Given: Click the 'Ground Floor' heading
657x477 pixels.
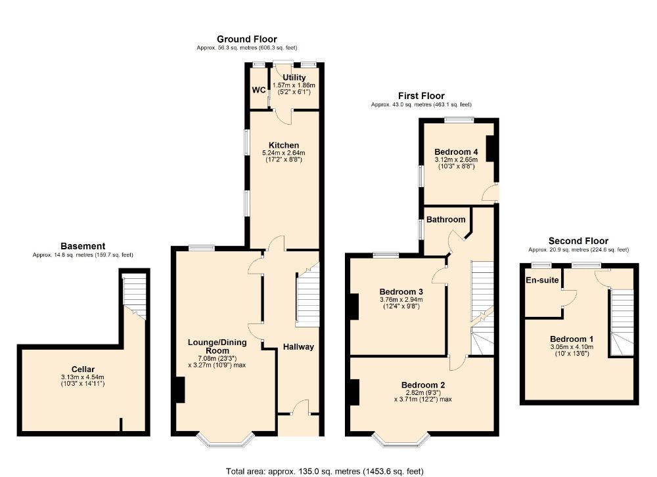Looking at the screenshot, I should pos(246,39).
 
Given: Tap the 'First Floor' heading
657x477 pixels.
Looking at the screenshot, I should pos(420,96).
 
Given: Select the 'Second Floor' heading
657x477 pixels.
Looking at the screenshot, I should pos(578,241).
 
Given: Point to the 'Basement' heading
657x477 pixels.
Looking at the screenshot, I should pos(83,246).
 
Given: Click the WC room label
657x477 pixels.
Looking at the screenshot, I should pos(258,90).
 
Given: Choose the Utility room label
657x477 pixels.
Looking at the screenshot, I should pos(294,77).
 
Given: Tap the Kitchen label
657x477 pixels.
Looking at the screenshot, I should pos(283,145).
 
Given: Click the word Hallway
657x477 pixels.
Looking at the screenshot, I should pos(298,346).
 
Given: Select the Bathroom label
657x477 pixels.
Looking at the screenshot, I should pos(446,219).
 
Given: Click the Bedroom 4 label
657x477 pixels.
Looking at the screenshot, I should pos(456,152).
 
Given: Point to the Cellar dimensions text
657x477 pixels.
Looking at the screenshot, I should pos(83,380).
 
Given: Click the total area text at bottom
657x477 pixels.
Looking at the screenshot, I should pos(325,470).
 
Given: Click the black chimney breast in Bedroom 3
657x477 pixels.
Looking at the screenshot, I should pos(354,306).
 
